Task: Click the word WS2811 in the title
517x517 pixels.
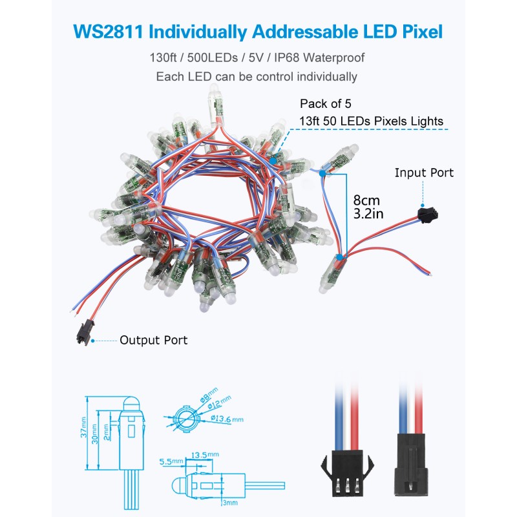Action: tap(108, 32)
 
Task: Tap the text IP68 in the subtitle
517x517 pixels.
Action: tap(286, 58)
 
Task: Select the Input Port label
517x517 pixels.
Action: tap(424, 173)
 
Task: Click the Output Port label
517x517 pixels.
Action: tap(154, 340)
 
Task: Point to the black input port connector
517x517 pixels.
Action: tap(428, 215)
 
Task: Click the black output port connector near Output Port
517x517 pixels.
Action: tap(85, 332)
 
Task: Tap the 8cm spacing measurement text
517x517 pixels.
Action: tap(366, 200)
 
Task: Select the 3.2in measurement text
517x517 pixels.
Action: tap(368, 214)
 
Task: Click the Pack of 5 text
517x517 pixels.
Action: tap(326, 104)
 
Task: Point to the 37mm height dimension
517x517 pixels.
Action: tap(83, 427)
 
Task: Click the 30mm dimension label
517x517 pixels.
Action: tap(94, 434)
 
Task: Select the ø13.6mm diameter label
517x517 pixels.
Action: tap(227, 419)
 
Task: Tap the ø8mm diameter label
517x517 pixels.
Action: tap(209, 395)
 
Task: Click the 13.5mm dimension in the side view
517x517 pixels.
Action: tap(205, 455)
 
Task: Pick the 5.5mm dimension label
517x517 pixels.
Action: tap(171, 461)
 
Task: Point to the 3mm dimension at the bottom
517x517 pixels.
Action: tap(230, 503)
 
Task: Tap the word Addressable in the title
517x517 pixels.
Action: tap(304, 32)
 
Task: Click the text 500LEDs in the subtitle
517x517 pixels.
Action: tap(213, 58)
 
